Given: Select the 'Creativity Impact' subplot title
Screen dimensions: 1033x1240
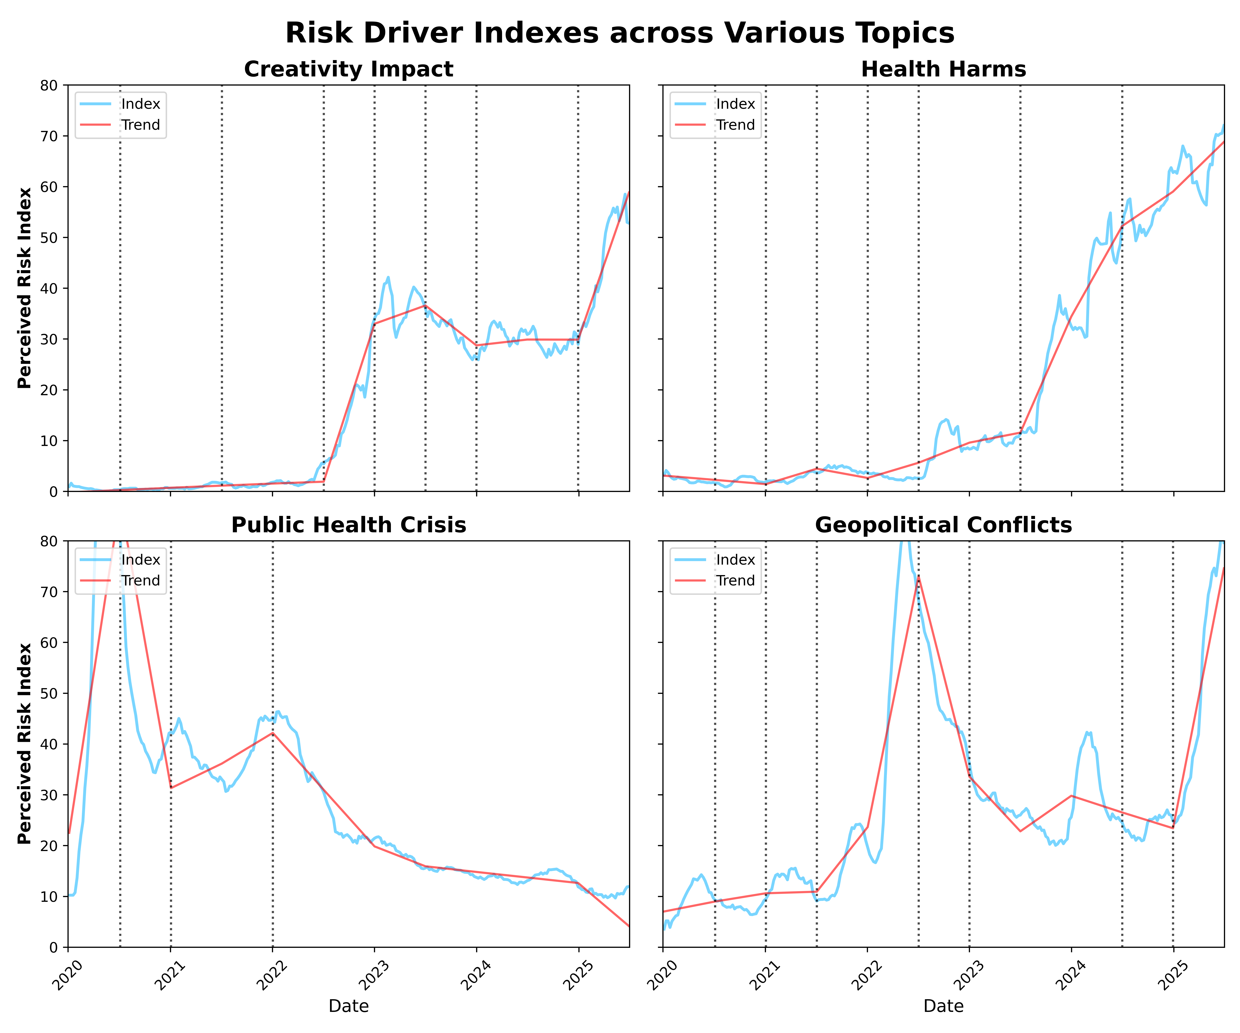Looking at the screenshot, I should [x=348, y=70].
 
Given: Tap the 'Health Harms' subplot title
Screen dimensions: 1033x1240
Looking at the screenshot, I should [x=943, y=70].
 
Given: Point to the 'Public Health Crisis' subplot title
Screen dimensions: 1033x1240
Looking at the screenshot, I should [x=348, y=525].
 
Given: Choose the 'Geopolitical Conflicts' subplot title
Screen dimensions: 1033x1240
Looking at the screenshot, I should [x=943, y=525].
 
